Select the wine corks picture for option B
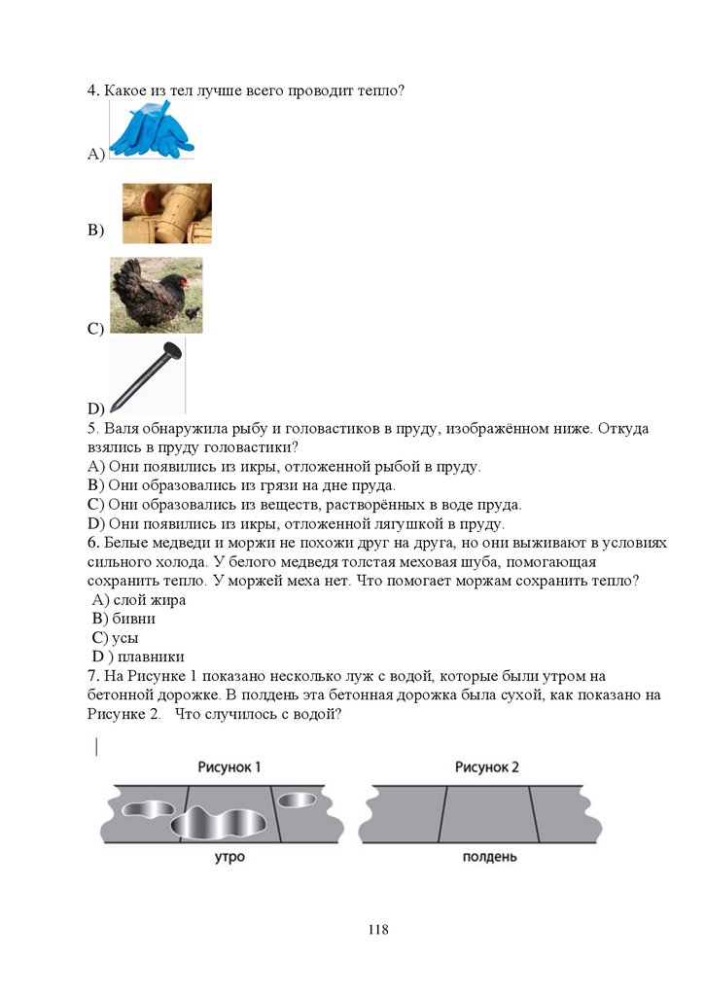pos(166,213)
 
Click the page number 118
pos(378,930)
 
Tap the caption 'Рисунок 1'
pos(229,767)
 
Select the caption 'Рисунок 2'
pos(486,767)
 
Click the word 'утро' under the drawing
pos(229,857)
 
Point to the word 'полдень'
pos(489,857)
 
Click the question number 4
pos(93,90)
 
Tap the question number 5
pos(93,429)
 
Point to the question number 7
pos(93,676)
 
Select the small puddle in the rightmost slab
pos(297,800)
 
